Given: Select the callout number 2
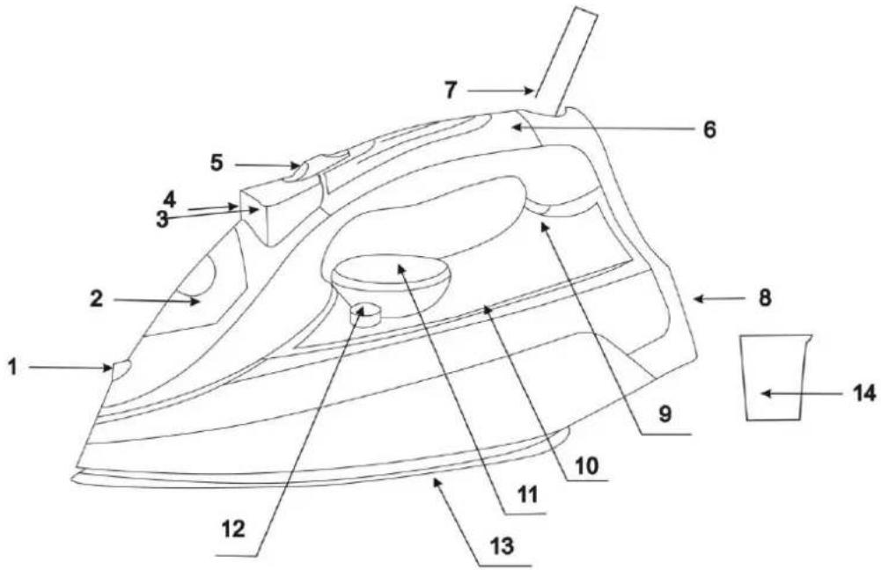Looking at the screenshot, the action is (97, 299).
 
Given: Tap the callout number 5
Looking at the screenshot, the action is (217, 163).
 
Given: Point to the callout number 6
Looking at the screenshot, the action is (710, 129).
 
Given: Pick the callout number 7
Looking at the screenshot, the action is (451, 91).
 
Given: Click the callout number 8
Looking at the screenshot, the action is (765, 297).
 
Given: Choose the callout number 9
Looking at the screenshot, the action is (665, 414).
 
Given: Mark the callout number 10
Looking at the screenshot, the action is (586, 466).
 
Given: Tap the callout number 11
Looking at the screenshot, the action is (527, 494).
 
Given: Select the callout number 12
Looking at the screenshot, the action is (233, 529).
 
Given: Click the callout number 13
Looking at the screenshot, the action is (502, 546).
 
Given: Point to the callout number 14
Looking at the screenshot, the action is (863, 393).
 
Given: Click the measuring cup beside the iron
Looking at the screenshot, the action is (775, 376).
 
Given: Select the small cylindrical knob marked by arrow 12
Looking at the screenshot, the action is (364, 314).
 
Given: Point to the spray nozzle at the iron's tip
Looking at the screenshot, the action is (121, 369).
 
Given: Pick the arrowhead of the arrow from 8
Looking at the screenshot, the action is (699, 299).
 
